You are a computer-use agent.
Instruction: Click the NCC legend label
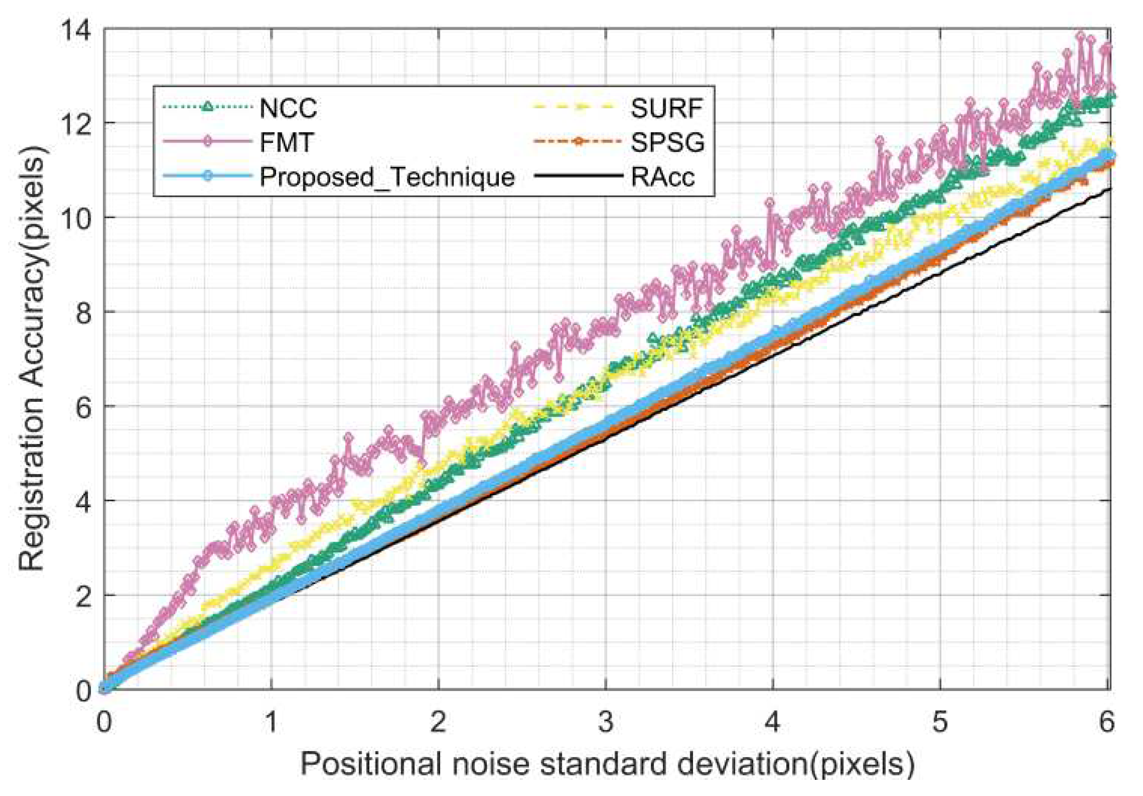point(288,108)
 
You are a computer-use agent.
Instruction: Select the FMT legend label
point(287,143)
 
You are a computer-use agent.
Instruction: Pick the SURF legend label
point(667,108)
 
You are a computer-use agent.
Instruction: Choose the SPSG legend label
point(667,143)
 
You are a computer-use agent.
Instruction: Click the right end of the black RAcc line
point(1109,189)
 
